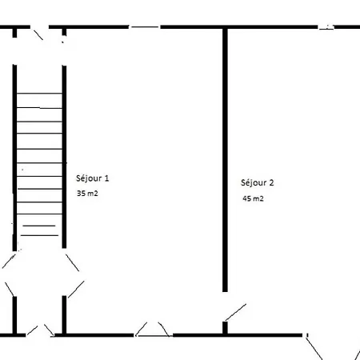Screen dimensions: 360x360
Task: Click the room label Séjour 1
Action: pos(93,178)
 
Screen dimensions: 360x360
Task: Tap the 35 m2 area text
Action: pos(87,194)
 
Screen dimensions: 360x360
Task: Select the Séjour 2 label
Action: pos(258,182)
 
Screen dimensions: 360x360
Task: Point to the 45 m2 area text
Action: pos(253,198)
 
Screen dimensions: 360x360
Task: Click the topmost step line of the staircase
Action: pos(39,94)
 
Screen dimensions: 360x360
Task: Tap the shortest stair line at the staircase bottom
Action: pos(39,226)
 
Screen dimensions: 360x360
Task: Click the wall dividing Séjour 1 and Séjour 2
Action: pos(225,160)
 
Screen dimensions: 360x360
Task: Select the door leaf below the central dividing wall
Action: pos(236,312)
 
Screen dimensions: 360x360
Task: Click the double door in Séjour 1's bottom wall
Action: pos(153,330)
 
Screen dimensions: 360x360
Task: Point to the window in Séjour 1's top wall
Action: pos(145,27)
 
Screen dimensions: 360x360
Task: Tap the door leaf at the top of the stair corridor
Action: pos(38,35)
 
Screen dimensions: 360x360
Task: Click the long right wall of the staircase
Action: pos(64,157)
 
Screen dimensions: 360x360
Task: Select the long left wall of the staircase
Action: pos(14,158)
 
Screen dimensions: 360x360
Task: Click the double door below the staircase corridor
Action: pos(40,330)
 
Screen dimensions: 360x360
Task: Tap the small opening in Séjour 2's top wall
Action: pos(326,27)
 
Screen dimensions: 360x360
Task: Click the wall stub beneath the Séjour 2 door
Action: pos(225,328)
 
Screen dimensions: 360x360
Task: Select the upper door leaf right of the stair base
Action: pos(72,262)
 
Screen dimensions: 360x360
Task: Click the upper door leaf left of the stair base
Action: pos(9,261)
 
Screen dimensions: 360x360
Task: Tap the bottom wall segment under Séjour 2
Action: pos(238,335)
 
